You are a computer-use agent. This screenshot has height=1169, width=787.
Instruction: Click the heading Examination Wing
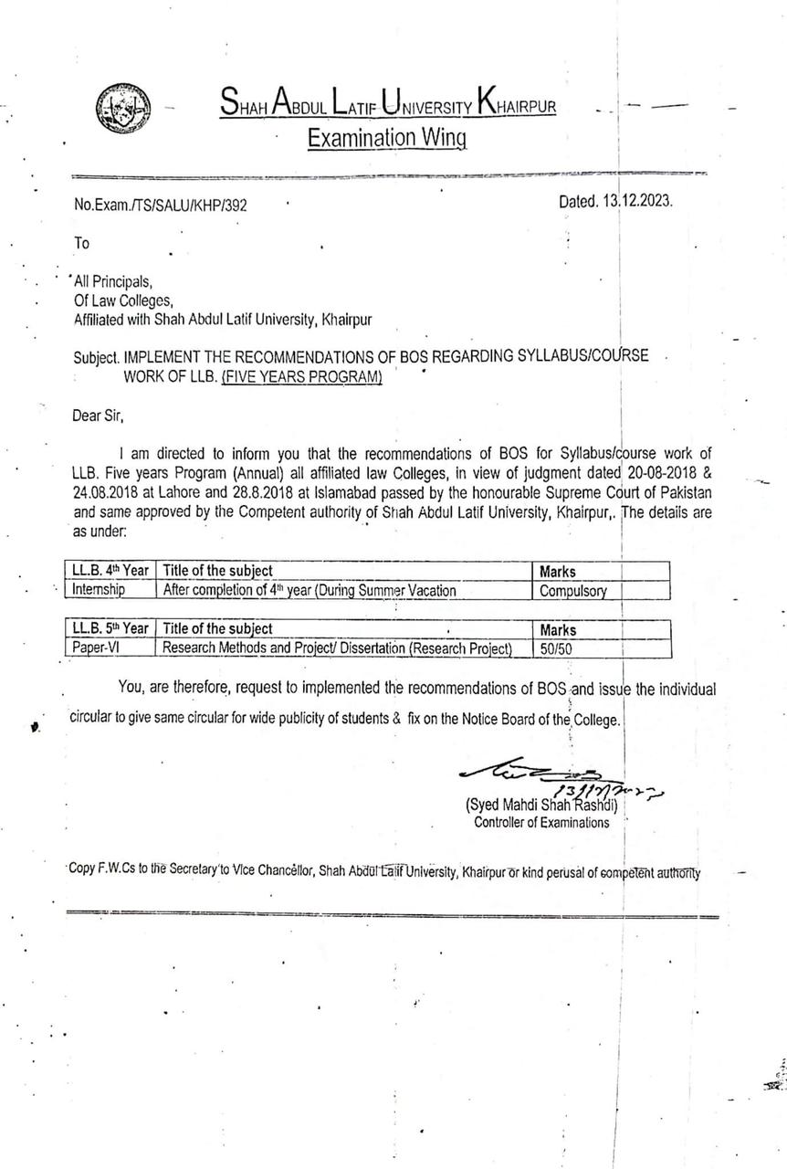point(386,138)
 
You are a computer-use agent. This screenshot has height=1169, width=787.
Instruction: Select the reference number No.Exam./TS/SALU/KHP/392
point(161,205)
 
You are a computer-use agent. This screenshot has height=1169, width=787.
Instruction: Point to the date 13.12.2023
point(636,202)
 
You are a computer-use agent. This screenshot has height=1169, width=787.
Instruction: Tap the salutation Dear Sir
point(97,416)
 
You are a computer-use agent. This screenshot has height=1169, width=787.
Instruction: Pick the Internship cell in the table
point(100,590)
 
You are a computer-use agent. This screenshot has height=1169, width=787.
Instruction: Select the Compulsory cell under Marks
point(572,591)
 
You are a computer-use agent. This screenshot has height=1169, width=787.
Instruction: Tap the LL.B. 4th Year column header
point(110,571)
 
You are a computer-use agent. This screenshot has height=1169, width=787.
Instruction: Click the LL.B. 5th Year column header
point(110,628)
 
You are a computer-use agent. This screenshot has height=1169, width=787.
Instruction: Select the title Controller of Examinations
point(541,822)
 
